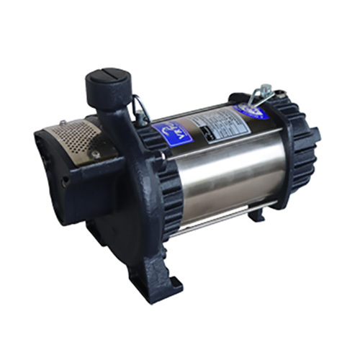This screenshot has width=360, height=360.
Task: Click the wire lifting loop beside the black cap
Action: [x=140, y=110]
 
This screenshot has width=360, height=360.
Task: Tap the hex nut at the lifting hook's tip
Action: [x=266, y=91]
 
